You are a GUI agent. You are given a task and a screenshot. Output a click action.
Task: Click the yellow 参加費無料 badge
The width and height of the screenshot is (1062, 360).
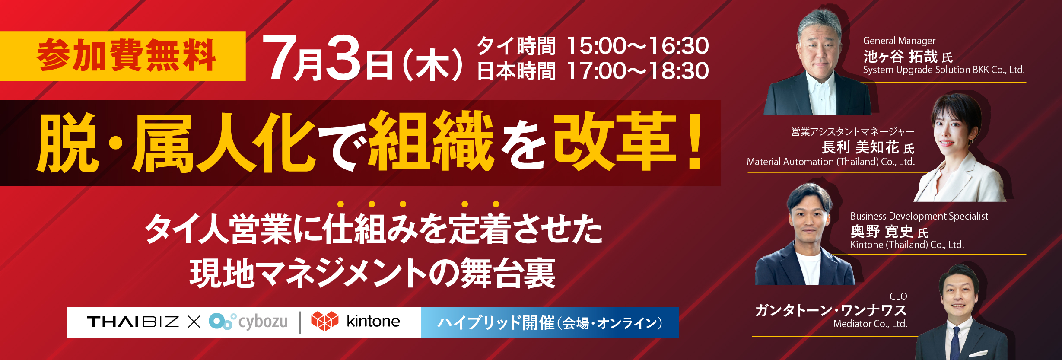pos(123,56)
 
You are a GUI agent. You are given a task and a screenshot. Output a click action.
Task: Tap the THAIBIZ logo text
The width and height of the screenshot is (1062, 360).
pos(133,322)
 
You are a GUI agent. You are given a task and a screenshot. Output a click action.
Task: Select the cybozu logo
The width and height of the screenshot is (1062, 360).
pos(248,322)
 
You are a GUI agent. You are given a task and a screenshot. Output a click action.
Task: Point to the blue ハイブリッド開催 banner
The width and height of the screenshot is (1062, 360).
pos(550,322)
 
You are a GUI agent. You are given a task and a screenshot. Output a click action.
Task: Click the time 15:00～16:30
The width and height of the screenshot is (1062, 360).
pos(638,46)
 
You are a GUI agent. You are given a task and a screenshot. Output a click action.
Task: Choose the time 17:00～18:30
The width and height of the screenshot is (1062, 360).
pos(638,71)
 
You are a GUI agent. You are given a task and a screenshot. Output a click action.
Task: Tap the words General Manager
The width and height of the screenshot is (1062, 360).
pos(899,41)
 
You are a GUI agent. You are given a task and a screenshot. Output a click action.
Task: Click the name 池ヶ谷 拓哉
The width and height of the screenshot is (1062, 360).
pos(900,57)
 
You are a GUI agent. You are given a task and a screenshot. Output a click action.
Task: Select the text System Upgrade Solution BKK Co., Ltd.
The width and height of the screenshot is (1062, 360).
pos(944,70)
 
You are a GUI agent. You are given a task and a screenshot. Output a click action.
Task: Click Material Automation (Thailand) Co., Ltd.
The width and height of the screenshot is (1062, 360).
pos(830,162)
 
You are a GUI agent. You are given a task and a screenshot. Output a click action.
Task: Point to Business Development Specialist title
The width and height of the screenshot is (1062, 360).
pos(919,216)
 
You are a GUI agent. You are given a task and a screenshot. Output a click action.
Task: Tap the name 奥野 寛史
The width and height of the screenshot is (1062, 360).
pos(882,232)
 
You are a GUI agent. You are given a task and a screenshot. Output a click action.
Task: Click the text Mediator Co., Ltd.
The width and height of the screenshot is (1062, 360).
pos(870,324)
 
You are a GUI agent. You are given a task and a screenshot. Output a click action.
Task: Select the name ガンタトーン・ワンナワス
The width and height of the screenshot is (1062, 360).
pos(830,310)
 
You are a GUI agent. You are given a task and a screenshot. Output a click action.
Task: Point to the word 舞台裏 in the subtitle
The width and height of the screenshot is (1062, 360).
pos(508,273)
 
